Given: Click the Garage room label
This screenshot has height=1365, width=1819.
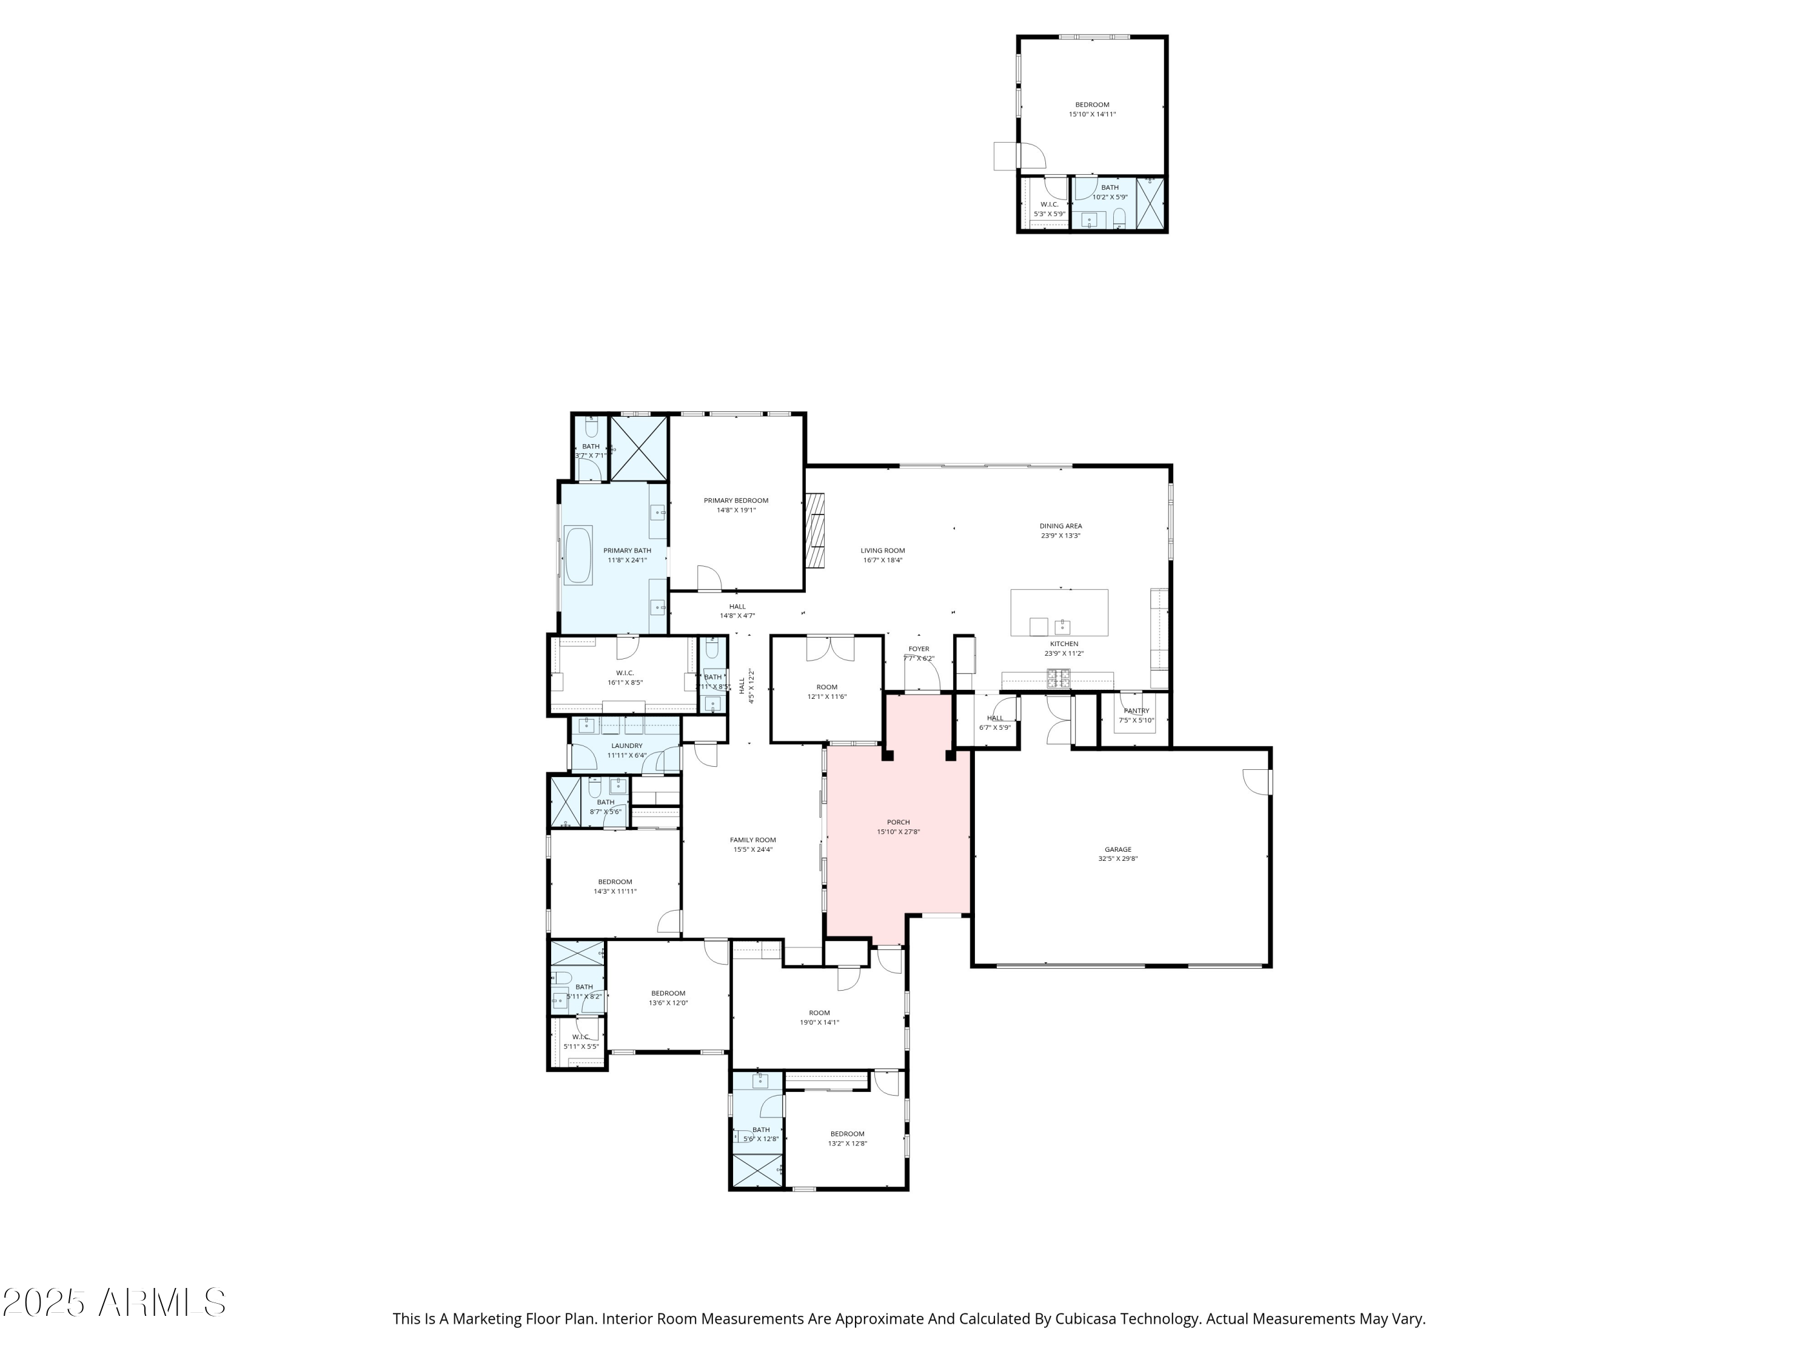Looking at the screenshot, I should pyautogui.click(x=1117, y=850).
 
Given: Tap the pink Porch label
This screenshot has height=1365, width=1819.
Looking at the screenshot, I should pyautogui.click(x=898, y=822).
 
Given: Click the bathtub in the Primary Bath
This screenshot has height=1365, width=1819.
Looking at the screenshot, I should pyautogui.click(x=578, y=555).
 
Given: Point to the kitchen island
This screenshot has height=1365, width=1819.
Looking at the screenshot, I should pyautogui.click(x=1059, y=612).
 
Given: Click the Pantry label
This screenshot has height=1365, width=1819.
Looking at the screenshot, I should pyautogui.click(x=1136, y=711).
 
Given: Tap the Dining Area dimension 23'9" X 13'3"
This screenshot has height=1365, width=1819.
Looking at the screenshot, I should pyautogui.click(x=1060, y=536).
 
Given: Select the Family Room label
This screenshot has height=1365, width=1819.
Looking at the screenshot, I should pyautogui.click(x=752, y=840).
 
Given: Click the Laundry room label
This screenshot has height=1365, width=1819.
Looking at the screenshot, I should pyautogui.click(x=626, y=746).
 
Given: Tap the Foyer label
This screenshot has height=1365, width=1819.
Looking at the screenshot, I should pyautogui.click(x=919, y=649).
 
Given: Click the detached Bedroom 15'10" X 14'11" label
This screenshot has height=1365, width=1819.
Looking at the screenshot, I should pyautogui.click(x=1092, y=104).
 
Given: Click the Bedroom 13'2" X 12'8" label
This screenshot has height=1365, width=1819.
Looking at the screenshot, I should pyautogui.click(x=847, y=1134).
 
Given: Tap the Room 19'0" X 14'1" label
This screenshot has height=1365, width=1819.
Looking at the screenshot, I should pyautogui.click(x=819, y=1013).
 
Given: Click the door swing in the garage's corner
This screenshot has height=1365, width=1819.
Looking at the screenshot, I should pyautogui.click(x=1256, y=781).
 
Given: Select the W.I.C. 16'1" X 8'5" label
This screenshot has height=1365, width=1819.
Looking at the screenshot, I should pyautogui.click(x=625, y=673).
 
